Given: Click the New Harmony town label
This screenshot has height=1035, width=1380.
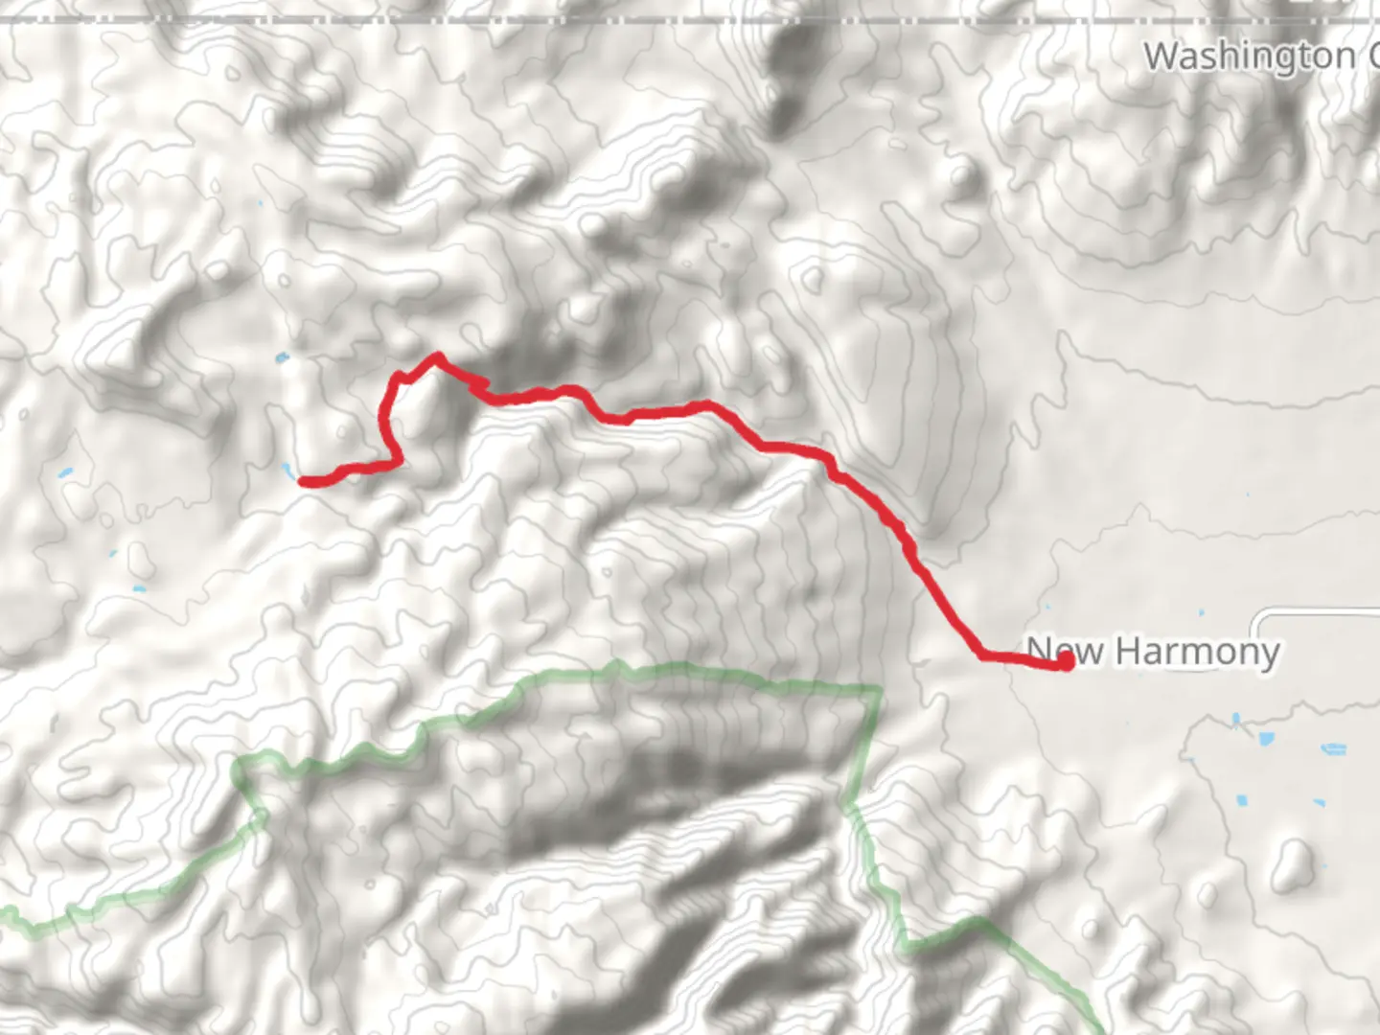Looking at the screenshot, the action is (x=1153, y=652).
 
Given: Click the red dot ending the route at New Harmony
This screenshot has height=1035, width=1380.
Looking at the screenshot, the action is (x=1064, y=661).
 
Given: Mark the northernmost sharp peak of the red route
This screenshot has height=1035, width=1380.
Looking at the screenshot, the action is (x=438, y=357).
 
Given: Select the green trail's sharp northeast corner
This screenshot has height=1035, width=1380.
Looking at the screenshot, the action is (x=878, y=688).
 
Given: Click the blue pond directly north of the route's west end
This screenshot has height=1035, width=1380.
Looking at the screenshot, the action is (x=281, y=358).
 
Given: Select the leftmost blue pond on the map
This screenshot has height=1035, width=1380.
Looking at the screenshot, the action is (x=64, y=473).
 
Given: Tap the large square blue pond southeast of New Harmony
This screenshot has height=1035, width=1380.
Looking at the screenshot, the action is (x=1266, y=740).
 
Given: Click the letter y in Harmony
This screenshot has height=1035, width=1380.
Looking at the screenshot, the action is (x=1269, y=655).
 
